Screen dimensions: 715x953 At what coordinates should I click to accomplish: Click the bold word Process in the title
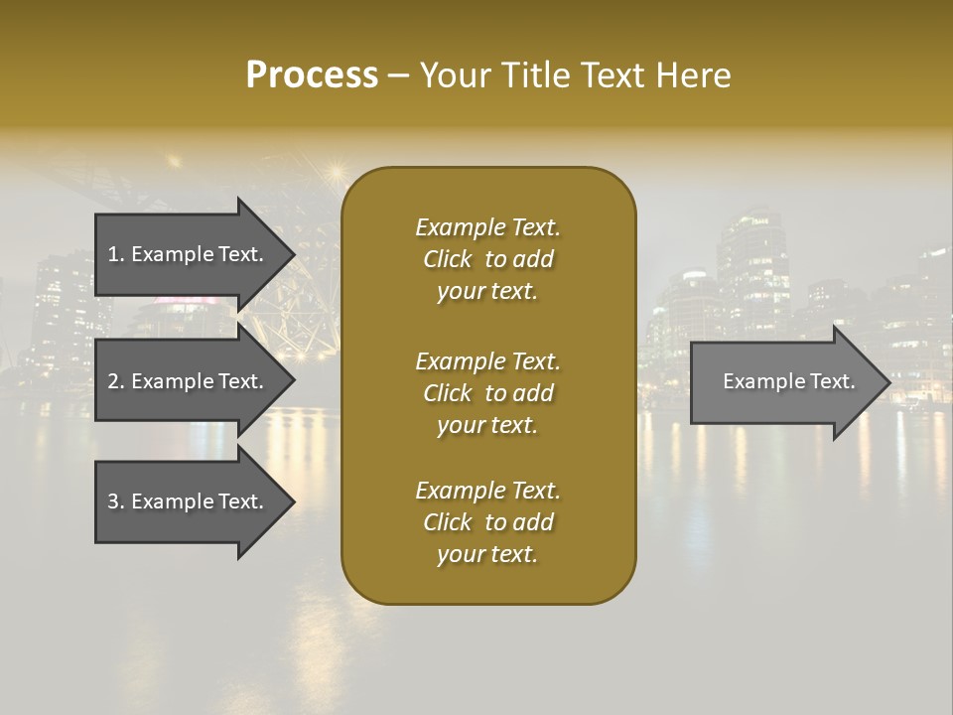312,75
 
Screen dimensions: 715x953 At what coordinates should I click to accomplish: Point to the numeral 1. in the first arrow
116,254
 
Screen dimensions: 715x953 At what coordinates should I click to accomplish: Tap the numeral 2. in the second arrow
116,381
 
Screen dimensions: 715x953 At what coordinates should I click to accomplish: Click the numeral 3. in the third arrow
116,501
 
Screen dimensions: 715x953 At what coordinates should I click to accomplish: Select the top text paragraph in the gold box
488,259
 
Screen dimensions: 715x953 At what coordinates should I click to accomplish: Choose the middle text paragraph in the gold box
488,392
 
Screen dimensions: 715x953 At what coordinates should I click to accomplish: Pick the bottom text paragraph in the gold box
488,522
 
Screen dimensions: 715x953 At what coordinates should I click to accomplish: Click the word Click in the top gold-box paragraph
448,259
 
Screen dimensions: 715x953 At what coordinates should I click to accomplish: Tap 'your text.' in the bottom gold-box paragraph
487,554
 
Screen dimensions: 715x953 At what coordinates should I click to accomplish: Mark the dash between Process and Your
399,75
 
